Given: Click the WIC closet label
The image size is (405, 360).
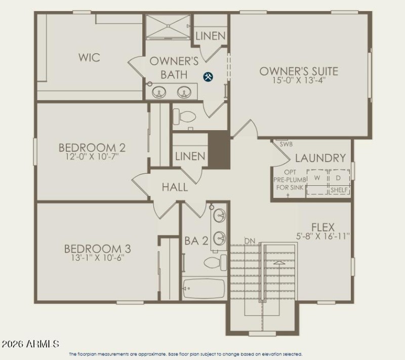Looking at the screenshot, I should point(89,57).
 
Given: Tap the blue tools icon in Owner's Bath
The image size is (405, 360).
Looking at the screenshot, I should point(208,76).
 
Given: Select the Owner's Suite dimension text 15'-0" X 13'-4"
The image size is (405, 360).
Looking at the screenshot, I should point(299,80).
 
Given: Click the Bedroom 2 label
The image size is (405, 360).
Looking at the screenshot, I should point(92,147).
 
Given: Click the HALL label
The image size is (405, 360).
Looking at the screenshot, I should point(175,187).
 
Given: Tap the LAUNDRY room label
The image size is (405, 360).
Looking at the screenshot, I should point(320,158).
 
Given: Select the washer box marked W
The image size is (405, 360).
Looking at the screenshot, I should point(317,178).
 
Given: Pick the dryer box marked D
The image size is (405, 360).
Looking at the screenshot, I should point(338,178).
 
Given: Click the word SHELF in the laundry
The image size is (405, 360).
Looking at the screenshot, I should point(339,190).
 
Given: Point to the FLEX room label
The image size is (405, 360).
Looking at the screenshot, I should point(323,227).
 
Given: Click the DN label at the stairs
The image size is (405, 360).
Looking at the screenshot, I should point(249,240).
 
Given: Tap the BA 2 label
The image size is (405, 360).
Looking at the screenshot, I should point(196,241).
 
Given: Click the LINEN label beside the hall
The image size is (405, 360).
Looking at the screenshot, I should point(190,156).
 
